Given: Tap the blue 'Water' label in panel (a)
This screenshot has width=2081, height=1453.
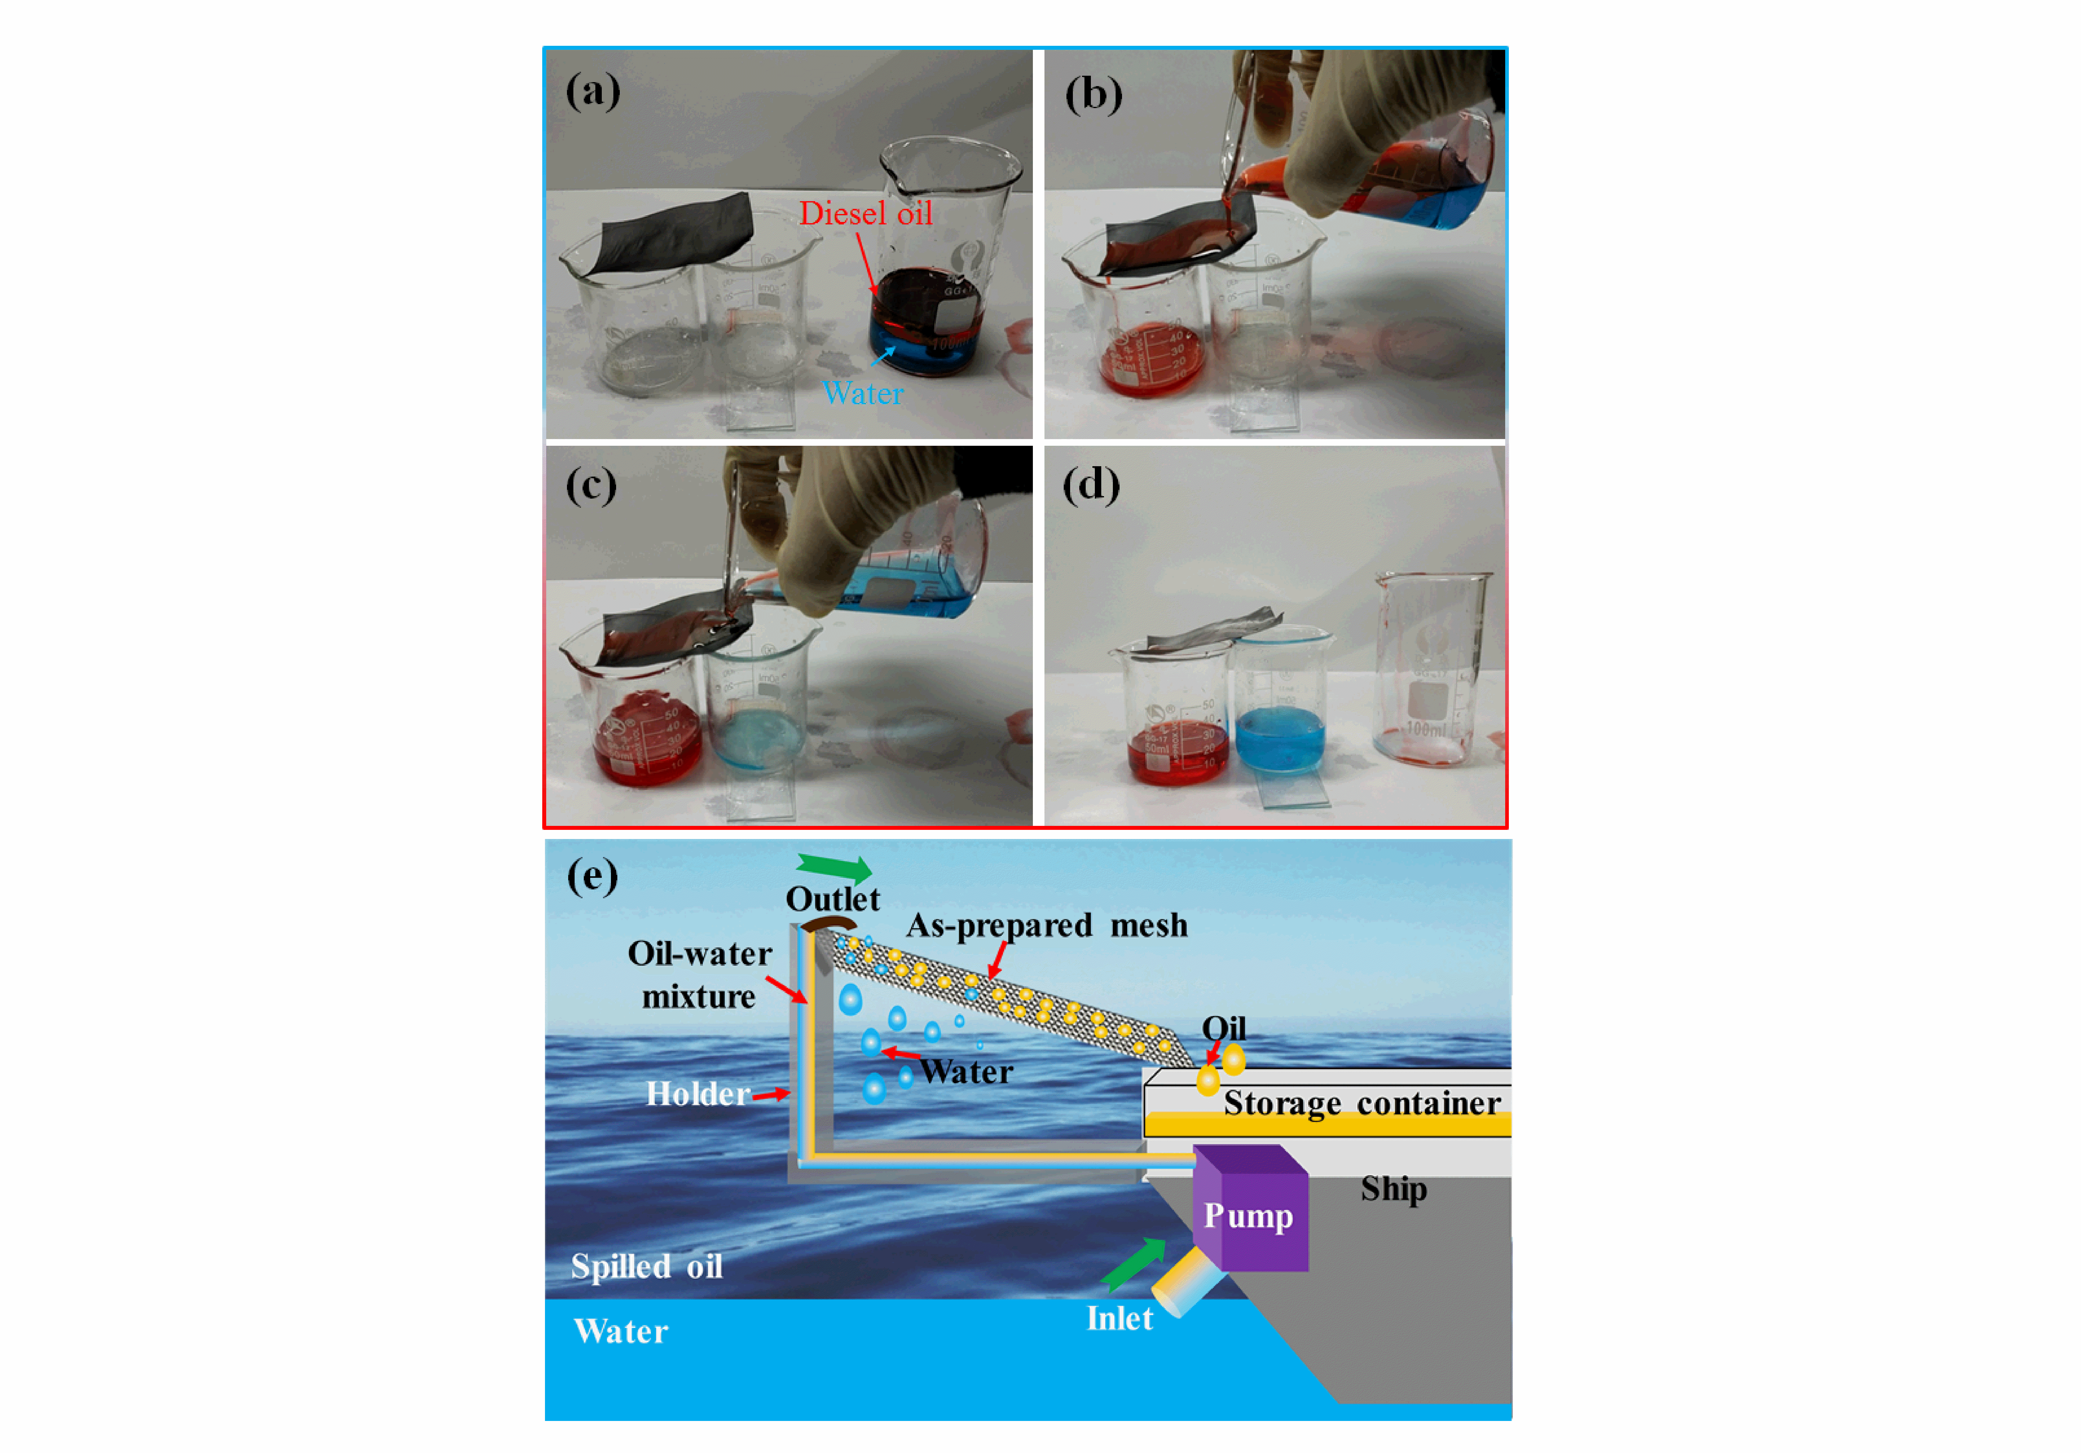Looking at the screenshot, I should pyautogui.click(x=862, y=393).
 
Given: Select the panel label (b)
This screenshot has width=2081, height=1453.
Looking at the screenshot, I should pyautogui.click(x=1093, y=94).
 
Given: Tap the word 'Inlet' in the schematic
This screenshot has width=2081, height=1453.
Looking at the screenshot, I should pyautogui.click(x=1119, y=1318).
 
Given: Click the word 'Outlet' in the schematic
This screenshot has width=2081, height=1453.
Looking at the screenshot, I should pyautogui.click(x=832, y=899).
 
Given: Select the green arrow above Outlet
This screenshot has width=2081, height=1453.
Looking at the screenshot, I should pyautogui.click(x=834, y=867).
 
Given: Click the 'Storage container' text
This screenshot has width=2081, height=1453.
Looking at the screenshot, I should pyautogui.click(x=1361, y=1103).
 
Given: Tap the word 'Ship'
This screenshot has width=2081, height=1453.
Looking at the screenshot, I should pyautogui.click(x=1393, y=1188).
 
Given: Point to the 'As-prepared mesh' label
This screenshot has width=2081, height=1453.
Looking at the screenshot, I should pyautogui.click(x=1047, y=925).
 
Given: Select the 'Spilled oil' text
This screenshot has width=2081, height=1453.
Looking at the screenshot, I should pyautogui.click(x=646, y=1266).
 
